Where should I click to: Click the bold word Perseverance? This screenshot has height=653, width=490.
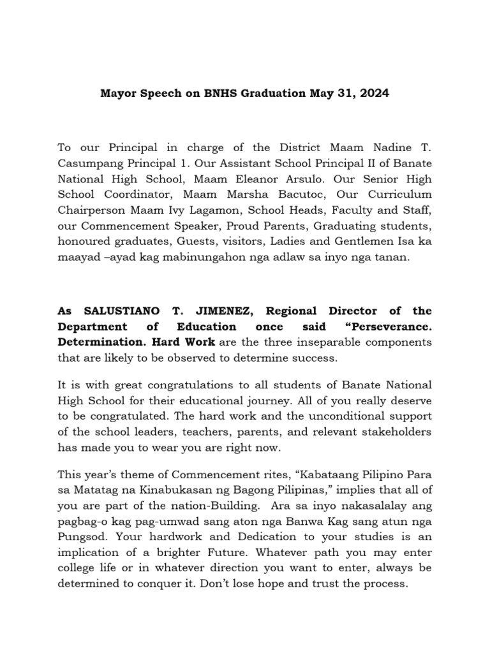(390, 326)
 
